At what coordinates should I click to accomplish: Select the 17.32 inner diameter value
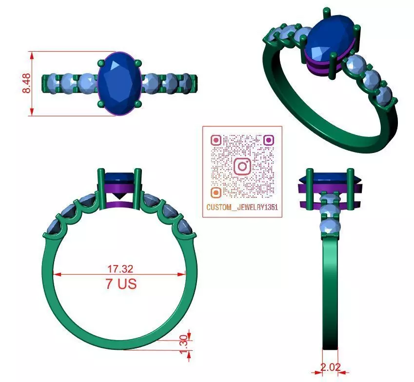[x=120, y=268]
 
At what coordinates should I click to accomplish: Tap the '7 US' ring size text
[x=120, y=283]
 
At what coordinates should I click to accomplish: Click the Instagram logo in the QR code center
[x=242, y=166]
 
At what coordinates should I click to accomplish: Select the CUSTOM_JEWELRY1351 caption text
[x=242, y=208]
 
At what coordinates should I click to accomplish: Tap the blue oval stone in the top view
[x=119, y=83]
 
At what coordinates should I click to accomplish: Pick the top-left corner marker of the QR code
[x=216, y=140]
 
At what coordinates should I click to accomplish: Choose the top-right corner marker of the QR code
[x=268, y=140]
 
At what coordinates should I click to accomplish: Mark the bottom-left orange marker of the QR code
[x=216, y=192]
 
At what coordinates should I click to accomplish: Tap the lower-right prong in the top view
[x=138, y=104]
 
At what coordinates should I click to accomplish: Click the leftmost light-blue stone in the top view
[x=51, y=82]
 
